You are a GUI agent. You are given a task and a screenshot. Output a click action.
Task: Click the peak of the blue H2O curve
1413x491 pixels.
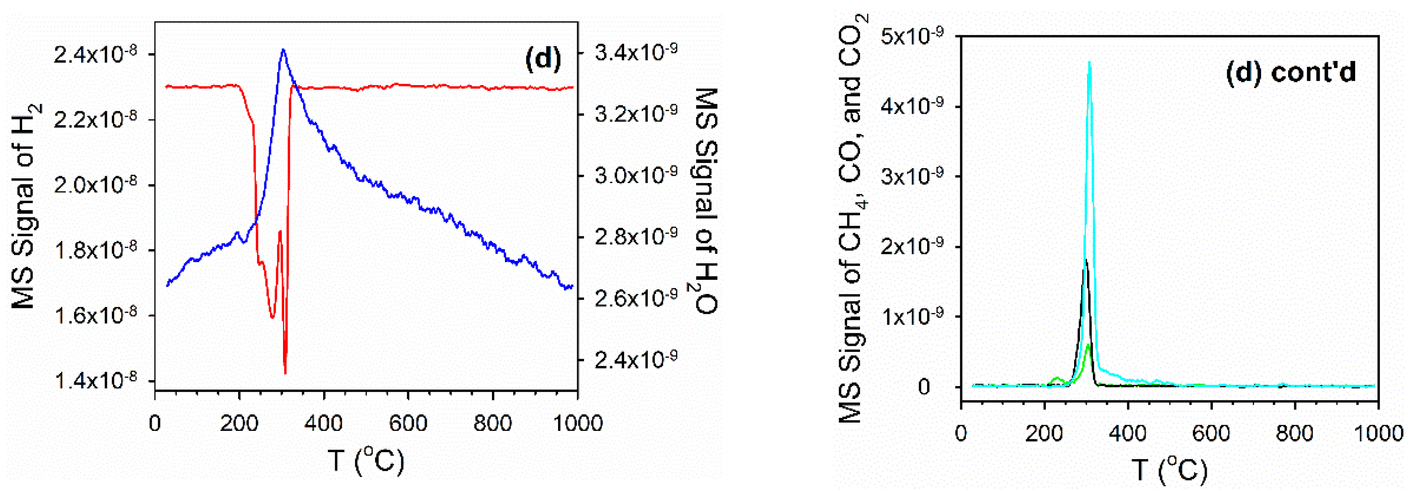[x=283, y=50]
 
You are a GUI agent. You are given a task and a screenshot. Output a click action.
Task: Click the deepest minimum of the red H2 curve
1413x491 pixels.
[x=285, y=373]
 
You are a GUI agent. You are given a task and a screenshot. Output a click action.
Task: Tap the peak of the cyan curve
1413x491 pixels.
[x=1089, y=62]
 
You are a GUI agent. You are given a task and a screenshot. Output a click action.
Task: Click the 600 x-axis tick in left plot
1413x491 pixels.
[x=408, y=423]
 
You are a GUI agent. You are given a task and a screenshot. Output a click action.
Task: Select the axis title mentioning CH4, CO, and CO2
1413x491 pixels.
[x=851, y=220]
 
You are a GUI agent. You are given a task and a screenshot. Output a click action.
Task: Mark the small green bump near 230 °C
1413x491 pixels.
[x=1057, y=379]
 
